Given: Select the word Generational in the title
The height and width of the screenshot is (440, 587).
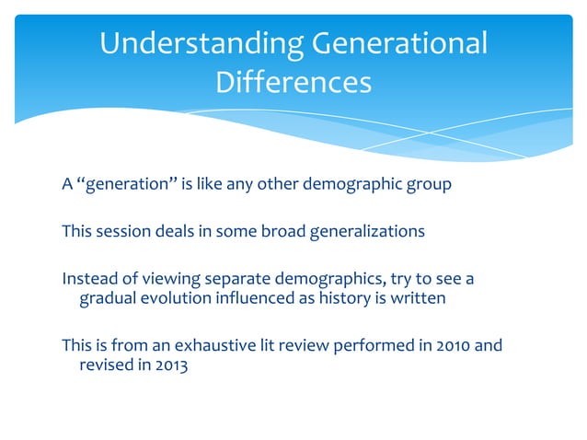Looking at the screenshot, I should point(402,44).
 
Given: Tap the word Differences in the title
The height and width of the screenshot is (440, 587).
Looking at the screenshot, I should point(293,83).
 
